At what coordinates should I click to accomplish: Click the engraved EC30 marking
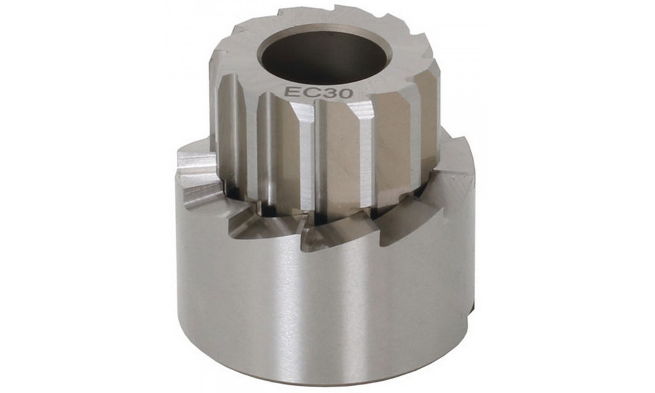pos(319,92)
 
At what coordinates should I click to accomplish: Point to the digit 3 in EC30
pos(328,93)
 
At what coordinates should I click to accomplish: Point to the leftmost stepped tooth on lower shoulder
pos(196,177)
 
